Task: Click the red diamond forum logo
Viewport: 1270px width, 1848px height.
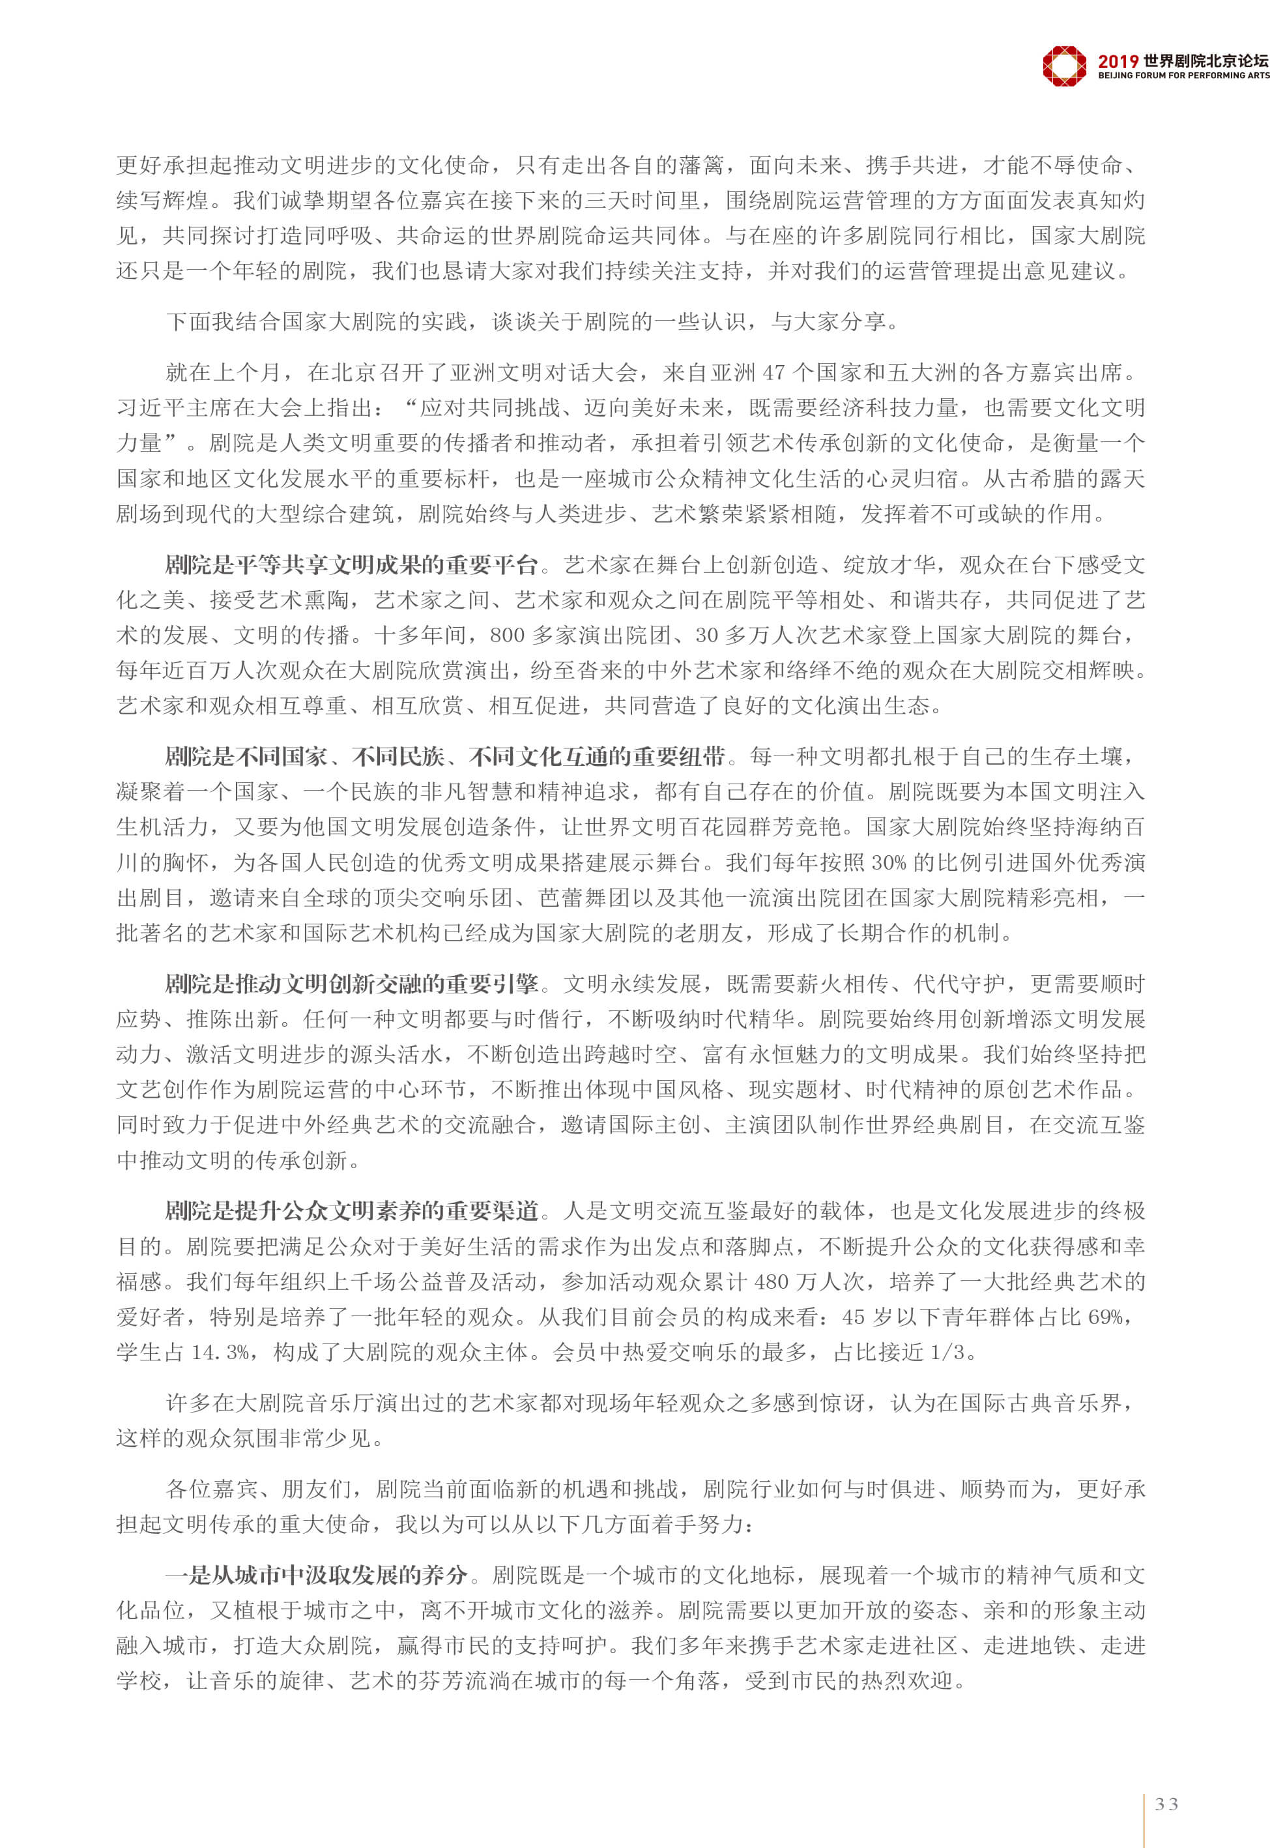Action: (x=1064, y=65)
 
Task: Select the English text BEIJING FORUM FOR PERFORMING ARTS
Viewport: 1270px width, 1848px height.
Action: (x=1183, y=76)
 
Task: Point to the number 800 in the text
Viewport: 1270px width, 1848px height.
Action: (x=508, y=635)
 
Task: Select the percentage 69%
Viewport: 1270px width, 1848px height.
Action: (x=1106, y=1316)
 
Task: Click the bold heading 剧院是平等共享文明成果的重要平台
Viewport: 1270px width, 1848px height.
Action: (x=352, y=565)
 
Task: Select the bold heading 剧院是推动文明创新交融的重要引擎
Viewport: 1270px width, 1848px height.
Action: (x=352, y=984)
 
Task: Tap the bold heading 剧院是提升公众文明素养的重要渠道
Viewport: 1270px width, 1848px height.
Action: (x=352, y=1210)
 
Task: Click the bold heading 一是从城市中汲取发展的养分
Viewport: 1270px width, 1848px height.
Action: (x=316, y=1574)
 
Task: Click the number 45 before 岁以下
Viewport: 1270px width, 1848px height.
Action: (x=853, y=1316)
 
